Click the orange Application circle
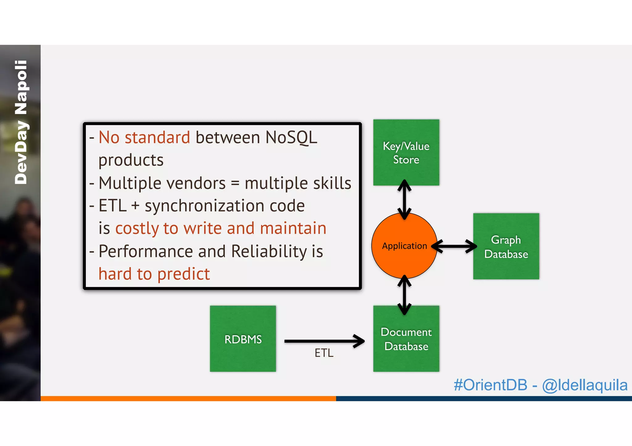pyautogui.click(x=404, y=246)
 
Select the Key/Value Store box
pyautogui.click(x=406, y=152)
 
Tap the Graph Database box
pyautogui.click(x=506, y=246)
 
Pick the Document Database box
pyautogui.click(x=406, y=339)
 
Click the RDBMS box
pyautogui.click(x=243, y=339)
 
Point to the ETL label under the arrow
pyautogui.click(x=324, y=353)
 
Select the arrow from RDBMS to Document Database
pyautogui.click(x=324, y=341)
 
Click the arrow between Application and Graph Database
pyautogui.click(x=454, y=246)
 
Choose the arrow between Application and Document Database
pyautogui.click(x=404, y=295)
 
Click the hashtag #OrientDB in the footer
pyautogui.click(x=490, y=385)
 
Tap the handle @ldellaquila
pyautogui.click(x=585, y=385)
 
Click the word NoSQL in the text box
pyautogui.click(x=291, y=137)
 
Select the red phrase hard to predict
pyautogui.click(x=154, y=274)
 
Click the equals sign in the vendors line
pyautogui.click(x=235, y=183)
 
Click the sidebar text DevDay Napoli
pyautogui.click(x=21, y=122)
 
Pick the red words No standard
pyautogui.click(x=144, y=137)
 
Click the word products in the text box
pyautogui.click(x=131, y=160)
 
